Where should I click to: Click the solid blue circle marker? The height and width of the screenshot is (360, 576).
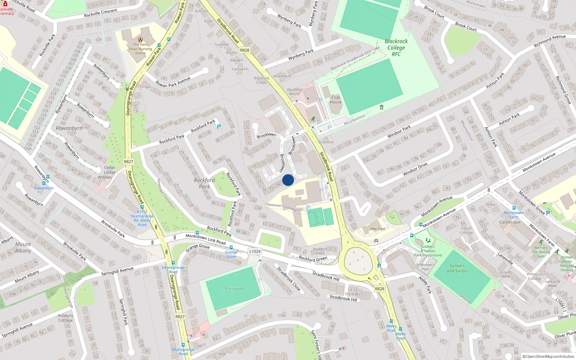pos(288,180)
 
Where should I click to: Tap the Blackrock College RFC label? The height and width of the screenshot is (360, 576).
pos(396,48)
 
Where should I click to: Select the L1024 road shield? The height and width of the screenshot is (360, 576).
pos(255,251)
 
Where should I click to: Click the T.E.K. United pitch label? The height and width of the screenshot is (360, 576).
pos(233,289)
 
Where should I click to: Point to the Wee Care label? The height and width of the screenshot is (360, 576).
pos(378,229)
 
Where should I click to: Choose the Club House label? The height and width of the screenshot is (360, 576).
pos(336,99)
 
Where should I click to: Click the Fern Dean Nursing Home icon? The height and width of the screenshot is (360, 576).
pos(140,39)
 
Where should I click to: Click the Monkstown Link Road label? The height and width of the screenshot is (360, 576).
pos(206,239)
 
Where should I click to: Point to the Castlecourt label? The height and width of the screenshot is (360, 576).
pos(510,222)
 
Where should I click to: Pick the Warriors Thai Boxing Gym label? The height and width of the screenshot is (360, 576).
pos(541,252)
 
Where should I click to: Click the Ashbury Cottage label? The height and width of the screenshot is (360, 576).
pos(66,318)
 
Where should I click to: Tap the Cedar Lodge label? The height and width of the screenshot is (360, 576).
pos(110,170)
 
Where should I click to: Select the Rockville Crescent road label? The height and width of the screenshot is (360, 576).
pos(100,13)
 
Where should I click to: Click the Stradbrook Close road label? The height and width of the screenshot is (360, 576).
pos(288,278)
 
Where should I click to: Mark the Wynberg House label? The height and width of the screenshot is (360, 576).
pos(294,91)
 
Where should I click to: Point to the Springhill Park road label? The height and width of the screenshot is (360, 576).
pos(123,311)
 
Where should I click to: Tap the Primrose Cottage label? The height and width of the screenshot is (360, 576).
pos(534,276)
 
